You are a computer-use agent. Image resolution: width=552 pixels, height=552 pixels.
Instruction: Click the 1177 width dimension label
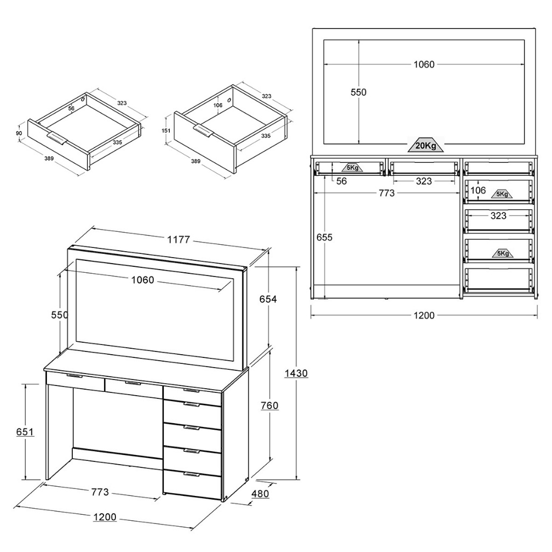click(x=178, y=239)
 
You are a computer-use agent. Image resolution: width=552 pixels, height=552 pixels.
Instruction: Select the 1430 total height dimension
click(x=296, y=373)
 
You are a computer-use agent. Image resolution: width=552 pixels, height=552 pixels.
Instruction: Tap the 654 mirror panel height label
click(x=268, y=299)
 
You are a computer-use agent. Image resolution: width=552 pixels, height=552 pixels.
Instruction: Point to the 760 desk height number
click(x=270, y=405)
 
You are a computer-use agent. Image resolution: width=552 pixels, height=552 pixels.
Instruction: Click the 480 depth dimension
click(x=260, y=494)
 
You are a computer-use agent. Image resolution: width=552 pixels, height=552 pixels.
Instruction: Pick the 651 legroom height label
click(x=25, y=431)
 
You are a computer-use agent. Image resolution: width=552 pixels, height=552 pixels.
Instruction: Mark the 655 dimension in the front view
click(x=324, y=237)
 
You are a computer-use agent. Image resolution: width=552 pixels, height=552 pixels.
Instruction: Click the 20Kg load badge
click(x=426, y=144)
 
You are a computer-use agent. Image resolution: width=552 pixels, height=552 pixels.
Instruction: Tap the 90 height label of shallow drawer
click(x=19, y=133)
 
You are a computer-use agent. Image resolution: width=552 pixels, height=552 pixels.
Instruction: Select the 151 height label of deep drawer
click(x=166, y=130)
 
